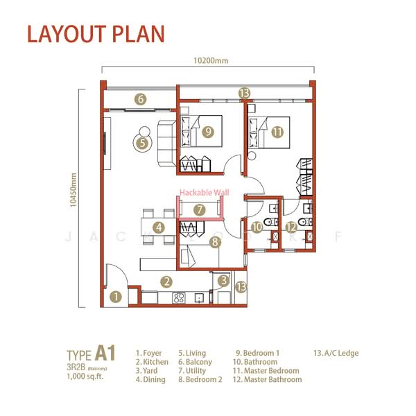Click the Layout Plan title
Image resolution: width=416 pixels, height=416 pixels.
point(96,34)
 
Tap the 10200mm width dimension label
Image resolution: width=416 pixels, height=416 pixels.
point(209,60)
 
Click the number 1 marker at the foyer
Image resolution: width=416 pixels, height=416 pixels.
point(116,297)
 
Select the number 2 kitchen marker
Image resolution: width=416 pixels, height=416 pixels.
point(166,281)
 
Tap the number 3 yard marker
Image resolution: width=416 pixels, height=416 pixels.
point(223,281)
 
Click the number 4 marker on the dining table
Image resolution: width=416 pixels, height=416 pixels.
point(159,227)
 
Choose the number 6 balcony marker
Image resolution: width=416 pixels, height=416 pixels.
point(141,99)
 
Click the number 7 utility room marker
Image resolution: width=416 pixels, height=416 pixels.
point(200,209)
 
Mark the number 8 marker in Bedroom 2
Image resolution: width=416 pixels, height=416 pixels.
point(215,242)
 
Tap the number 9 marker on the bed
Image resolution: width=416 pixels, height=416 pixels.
point(207,132)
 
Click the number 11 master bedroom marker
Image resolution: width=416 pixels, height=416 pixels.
point(277,132)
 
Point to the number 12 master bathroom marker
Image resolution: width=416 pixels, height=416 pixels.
point(292,226)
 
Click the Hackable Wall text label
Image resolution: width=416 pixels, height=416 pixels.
point(203,193)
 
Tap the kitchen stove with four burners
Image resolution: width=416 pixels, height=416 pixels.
point(178,297)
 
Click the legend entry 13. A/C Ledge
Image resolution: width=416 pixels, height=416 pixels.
point(336,353)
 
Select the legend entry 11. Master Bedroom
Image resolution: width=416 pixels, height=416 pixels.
point(266,371)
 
